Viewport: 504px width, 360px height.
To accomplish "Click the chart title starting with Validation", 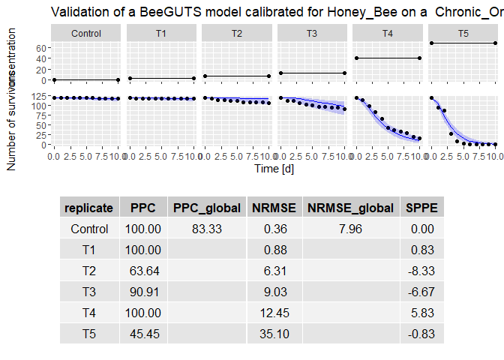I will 277,12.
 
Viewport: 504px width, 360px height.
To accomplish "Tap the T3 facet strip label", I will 312,33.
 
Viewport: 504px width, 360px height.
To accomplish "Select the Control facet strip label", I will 86,33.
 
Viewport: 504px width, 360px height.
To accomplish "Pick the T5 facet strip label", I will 463,33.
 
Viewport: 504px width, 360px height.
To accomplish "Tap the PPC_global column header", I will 207,208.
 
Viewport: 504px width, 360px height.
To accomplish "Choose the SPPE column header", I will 423,208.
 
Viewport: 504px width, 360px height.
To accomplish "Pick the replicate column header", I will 89,208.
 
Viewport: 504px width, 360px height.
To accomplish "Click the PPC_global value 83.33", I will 207,229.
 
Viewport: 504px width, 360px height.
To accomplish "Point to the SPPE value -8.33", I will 423,271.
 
